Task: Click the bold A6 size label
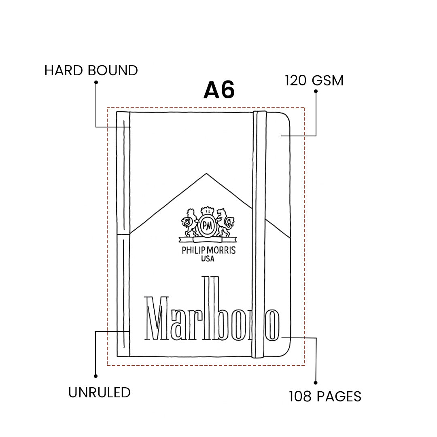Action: (219, 90)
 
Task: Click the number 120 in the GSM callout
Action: (296, 81)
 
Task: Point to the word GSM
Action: (328, 81)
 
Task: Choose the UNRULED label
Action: (100, 392)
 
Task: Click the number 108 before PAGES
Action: (300, 396)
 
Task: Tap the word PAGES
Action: (339, 396)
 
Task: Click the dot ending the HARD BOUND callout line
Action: (96, 82)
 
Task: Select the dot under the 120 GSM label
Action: (316, 91)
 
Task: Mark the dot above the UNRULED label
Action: (95, 376)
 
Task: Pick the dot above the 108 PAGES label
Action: (316, 383)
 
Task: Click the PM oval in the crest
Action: (207, 225)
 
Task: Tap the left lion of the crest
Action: (190, 223)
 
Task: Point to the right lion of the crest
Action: (225, 223)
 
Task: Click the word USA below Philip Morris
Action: (208, 259)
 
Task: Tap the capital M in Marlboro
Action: (157, 318)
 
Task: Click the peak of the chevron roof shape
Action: (206, 173)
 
